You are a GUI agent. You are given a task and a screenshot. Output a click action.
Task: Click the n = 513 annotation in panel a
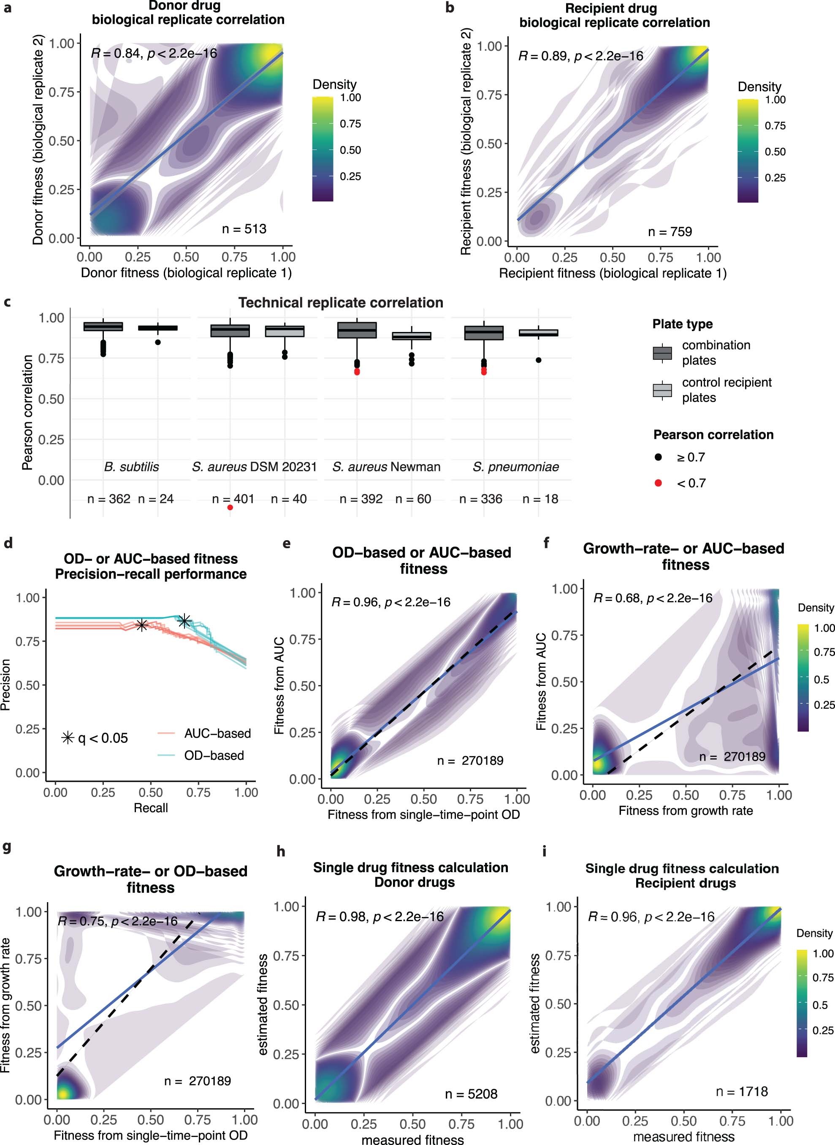(x=244, y=229)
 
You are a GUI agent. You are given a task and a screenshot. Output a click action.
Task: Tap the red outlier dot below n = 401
(x=230, y=507)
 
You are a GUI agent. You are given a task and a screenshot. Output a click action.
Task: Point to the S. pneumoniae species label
(x=515, y=466)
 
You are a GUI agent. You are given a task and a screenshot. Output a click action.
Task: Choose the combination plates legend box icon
(x=662, y=353)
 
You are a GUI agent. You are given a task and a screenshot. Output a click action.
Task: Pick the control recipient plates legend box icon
(x=662, y=390)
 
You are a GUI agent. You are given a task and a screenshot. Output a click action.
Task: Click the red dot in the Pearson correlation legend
(x=658, y=483)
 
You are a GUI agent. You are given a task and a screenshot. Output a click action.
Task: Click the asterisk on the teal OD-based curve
(x=184, y=620)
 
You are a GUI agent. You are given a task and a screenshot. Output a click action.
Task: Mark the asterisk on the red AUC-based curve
(x=141, y=625)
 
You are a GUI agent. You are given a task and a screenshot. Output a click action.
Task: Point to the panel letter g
(x=7, y=847)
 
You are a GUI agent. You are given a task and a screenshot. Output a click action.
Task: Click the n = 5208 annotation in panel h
(x=471, y=1094)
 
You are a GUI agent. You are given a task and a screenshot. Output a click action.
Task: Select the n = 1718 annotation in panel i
(x=741, y=1091)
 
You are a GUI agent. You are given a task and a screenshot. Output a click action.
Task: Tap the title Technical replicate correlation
(x=341, y=302)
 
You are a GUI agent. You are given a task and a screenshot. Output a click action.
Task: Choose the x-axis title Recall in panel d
(x=151, y=808)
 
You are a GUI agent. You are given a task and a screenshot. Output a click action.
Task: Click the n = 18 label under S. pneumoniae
(x=540, y=499)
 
